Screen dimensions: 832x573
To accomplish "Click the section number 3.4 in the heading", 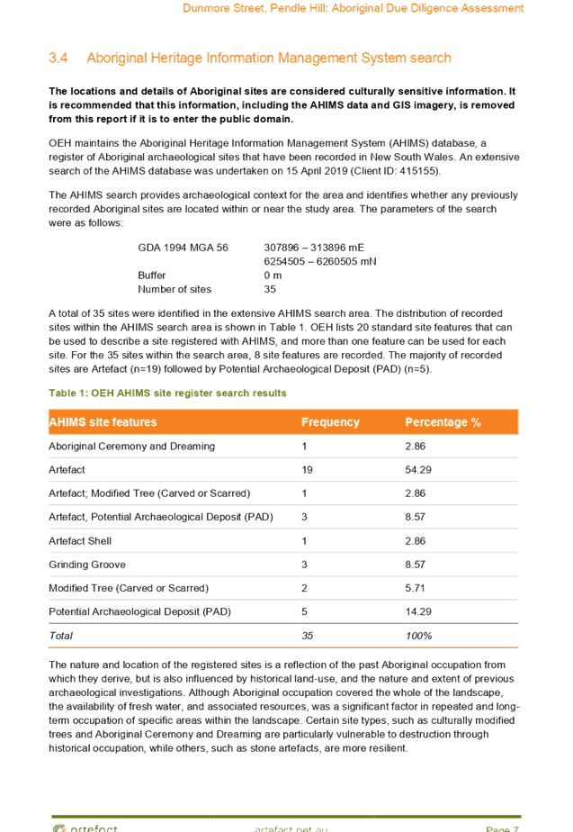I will click(58, 59).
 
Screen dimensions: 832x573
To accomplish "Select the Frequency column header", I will click(330, 422).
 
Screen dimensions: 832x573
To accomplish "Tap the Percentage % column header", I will click(443, 422).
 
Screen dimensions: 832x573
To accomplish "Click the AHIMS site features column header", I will click(103, 422).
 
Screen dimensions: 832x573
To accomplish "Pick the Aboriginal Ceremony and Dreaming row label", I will click(131, 447).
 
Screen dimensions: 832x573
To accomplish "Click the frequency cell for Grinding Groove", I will click(305, 565).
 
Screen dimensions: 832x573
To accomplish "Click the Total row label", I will click(61, 636).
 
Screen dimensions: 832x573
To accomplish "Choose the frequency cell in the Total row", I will click(308, 636).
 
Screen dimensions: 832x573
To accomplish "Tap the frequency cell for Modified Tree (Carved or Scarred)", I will click(305, 588).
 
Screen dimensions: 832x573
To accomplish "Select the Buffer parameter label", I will click(152, 276).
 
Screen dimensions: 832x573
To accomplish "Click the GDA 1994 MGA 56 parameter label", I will click(184, 248).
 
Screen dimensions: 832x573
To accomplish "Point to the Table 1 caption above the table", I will click(167, 393).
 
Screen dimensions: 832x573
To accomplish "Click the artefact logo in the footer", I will click(85, 827).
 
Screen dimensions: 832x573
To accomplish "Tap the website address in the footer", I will click(291, 827).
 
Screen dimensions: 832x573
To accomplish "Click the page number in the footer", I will click(502, 827).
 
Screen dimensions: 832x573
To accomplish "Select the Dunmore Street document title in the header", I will click(353, 8).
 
